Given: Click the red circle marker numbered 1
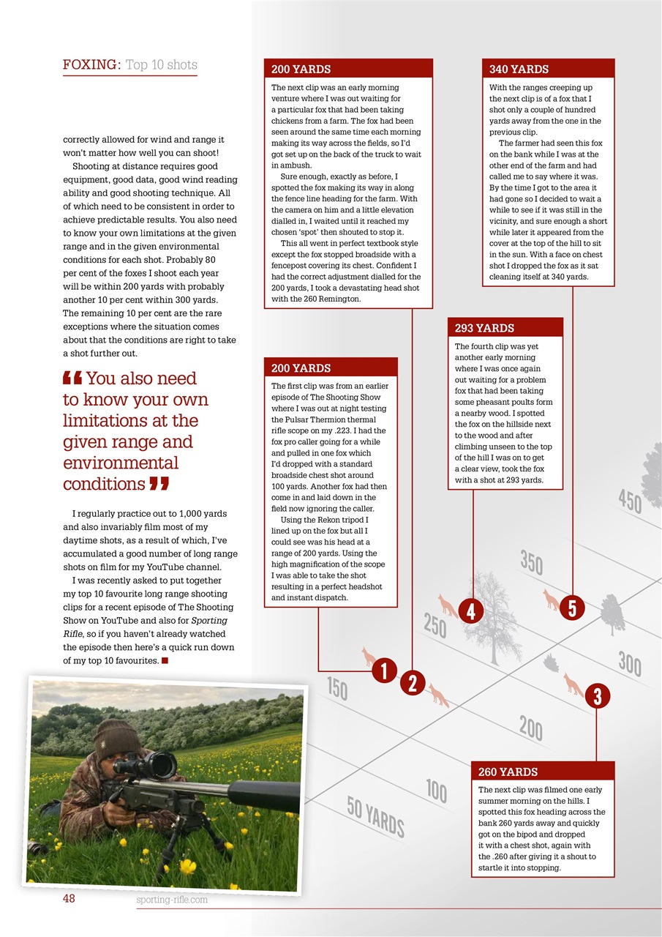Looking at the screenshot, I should pos(384,671).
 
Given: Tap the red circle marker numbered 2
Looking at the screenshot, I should pos(413,684).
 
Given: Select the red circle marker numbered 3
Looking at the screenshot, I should pos(597,696).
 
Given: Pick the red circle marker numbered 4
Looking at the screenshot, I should pos(472,611).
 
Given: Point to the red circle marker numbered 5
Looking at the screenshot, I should pos(572,607).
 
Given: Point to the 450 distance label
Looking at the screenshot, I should pos(630,501).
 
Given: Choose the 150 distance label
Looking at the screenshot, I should pos(337,688).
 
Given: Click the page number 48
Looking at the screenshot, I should pos(70,900).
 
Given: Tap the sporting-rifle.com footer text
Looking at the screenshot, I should pos(171,900).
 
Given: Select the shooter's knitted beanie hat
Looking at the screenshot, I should pos(117,739).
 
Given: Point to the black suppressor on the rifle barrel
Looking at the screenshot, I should pos(263,795).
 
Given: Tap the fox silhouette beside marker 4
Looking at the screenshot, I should pos(447,605).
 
